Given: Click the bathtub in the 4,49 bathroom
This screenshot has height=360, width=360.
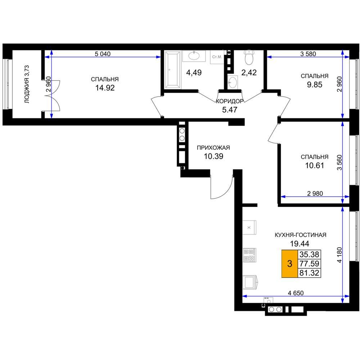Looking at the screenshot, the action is tap(172, 69).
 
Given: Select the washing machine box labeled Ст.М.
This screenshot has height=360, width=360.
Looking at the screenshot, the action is tap(217, 57).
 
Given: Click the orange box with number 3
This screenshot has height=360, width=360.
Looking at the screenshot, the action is tap(290, 264).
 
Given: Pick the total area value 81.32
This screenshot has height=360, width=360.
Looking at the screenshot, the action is tap(309, 273).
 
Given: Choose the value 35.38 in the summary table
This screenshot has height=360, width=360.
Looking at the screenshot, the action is tap(309, 255).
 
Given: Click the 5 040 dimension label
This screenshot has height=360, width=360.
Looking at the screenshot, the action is tap(103, 54).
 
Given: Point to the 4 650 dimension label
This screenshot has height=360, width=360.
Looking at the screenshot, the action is tap(296, 293).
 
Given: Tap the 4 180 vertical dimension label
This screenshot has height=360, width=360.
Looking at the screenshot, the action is tap(339, 255).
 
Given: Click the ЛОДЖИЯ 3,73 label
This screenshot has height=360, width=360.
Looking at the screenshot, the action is tap(27, 84).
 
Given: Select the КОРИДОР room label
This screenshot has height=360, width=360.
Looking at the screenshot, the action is tap(230, 101).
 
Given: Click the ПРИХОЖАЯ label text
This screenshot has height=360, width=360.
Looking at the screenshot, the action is tap(213, 148).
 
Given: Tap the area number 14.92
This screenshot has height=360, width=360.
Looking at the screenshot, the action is tap(105, 88).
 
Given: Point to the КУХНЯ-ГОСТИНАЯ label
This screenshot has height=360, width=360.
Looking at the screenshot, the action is tap(301, 235).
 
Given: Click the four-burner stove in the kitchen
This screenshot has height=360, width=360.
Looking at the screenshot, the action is tap(249, 255).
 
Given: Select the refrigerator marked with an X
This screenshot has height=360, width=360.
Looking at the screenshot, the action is tap(249, 227).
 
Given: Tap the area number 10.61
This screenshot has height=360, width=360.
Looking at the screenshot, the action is tap(315, 165).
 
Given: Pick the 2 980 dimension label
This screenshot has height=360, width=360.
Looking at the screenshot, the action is tap(315, 194).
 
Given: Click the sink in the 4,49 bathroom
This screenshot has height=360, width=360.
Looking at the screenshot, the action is tap(194, 56).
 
